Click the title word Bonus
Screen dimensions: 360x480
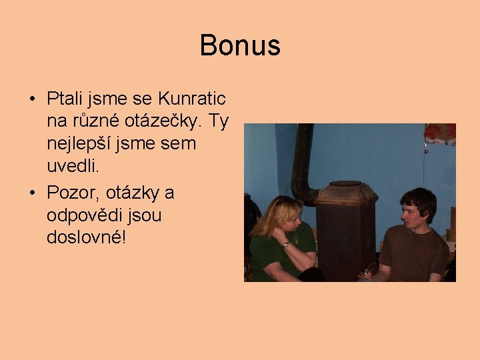[x=240, y=45]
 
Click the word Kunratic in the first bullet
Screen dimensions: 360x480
[x=192, y=99]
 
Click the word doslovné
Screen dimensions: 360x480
[x=85, y=237]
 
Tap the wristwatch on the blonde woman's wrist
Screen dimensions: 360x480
[x=285, y=244]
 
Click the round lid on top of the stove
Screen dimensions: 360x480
[x=345, y=183]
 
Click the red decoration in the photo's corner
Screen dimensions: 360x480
[x=440, y=132]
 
